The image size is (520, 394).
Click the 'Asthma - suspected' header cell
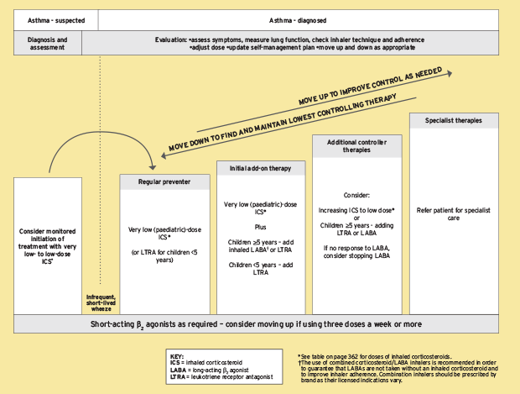click(56, 20)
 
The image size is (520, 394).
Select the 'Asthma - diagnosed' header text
click(298, 21)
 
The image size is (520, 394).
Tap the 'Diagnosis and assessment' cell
click(48, 43)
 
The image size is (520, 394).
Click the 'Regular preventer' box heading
click(164, 181)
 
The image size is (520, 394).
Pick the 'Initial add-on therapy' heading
click(261, 168)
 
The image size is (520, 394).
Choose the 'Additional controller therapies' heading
click(356, 146)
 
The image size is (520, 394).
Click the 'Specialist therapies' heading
click(454, 121)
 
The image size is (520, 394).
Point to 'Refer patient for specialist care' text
click(454, 214)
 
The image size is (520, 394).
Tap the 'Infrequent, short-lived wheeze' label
click(101, 303)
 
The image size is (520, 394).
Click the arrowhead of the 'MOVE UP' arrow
click(450, 73)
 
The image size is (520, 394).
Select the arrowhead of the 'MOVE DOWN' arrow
click(164, 155)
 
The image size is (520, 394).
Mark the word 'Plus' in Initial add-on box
click(261, 227)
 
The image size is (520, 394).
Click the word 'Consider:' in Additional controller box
click(356, 196)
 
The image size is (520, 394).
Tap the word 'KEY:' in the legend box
click(177, 356)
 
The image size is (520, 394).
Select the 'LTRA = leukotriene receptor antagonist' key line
click(221, 377)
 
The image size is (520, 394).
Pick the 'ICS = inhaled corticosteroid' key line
click(206, 362)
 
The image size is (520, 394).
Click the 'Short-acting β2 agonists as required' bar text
click(153, 324)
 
